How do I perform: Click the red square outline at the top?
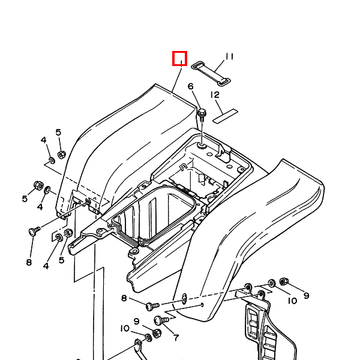click(180, 59)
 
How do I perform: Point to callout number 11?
click(229, 57)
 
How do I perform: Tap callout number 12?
click(215, 95)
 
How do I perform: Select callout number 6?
click(191, 88)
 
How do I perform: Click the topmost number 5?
click(58, 132)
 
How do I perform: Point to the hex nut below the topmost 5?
click(61, 155)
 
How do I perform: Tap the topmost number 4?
click(44, 140)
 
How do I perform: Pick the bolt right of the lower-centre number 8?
click(149, 305)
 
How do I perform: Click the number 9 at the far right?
click(306, 295)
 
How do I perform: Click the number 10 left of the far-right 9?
click(292, 301)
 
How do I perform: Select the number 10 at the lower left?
click(125, 328)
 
